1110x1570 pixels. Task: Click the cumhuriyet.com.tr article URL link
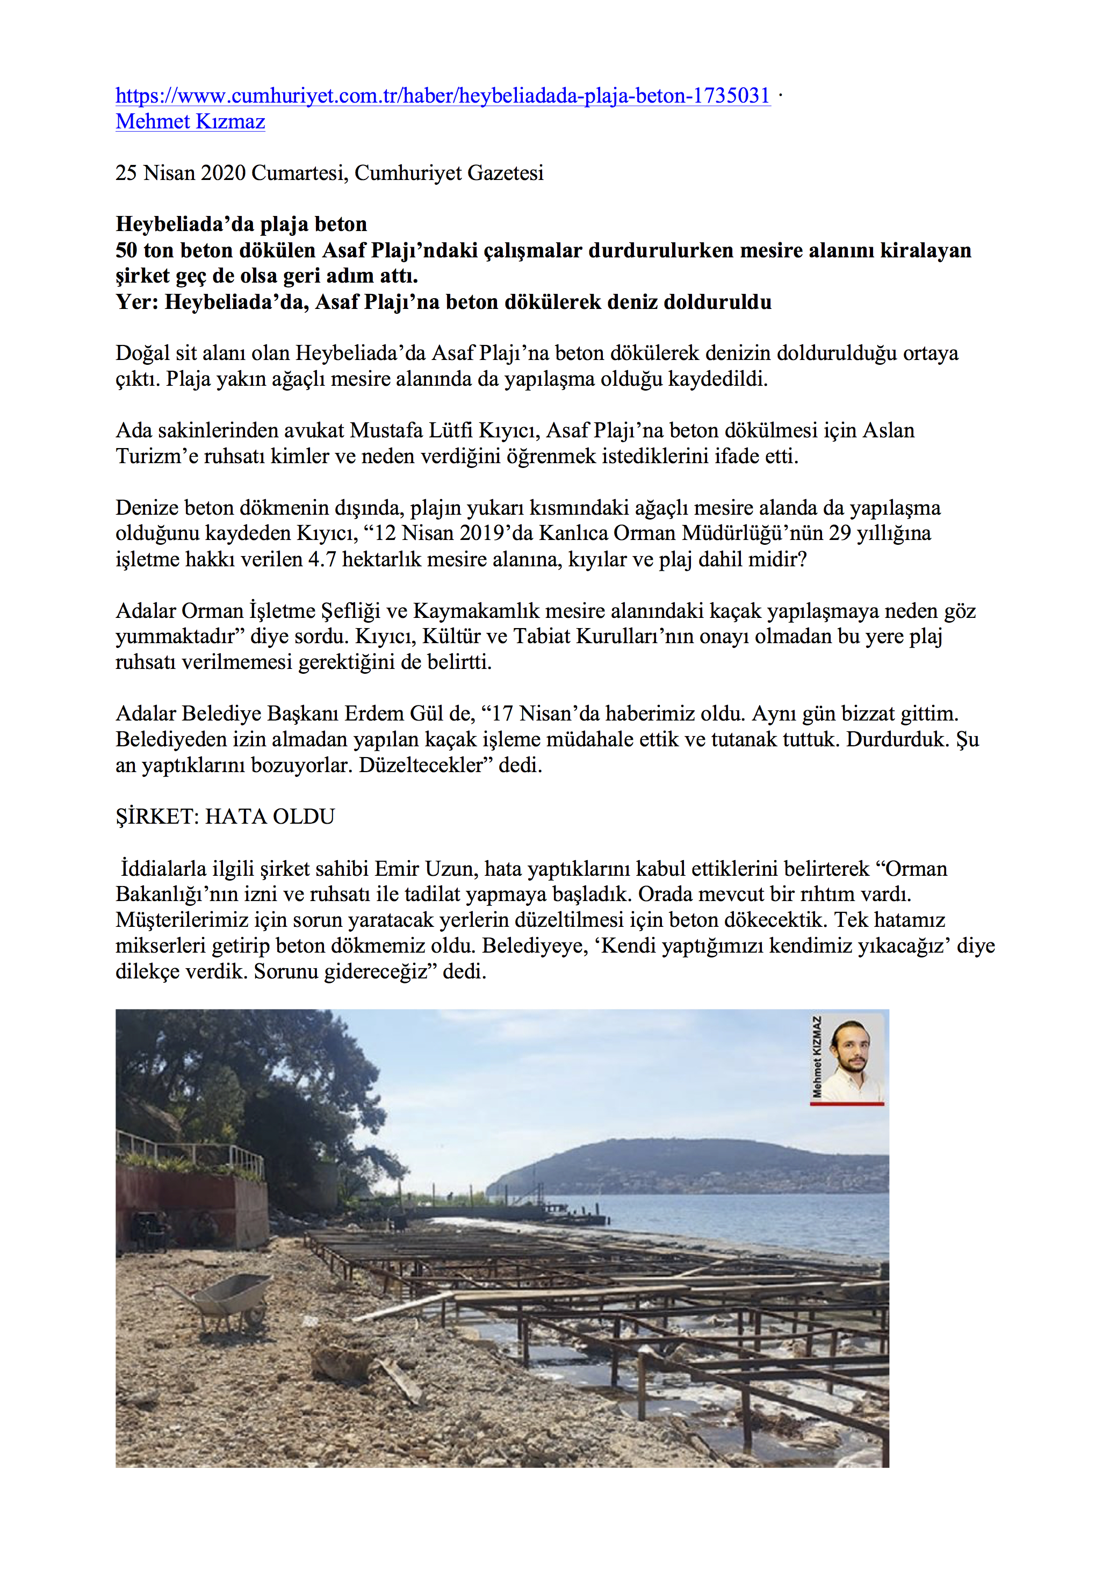point(443,96)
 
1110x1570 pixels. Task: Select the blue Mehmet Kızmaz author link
point(190,122)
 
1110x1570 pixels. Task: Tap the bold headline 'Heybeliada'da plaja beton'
point(241,224)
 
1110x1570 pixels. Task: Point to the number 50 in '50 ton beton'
point(126,250)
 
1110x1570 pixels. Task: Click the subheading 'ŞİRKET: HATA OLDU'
point(225,817)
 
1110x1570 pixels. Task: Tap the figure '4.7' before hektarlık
point(321,559)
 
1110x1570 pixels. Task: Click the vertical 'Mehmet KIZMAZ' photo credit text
point(816,1056)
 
